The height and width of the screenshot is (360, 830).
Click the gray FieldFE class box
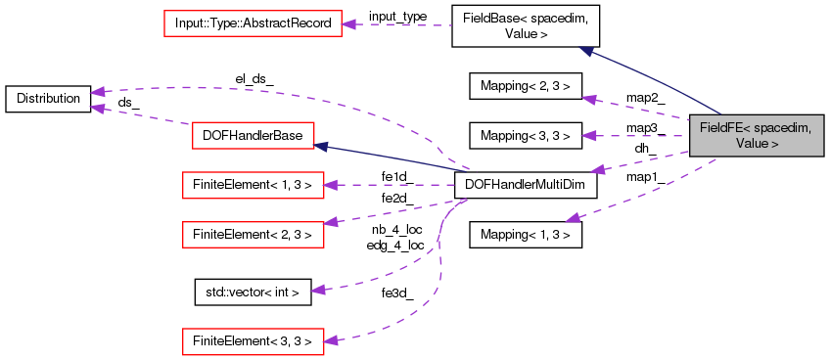click(x=757, y=135)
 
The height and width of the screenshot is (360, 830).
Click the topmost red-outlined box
click(x=253, y=23)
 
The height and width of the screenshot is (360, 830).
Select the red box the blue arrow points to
click(x=253, y=136)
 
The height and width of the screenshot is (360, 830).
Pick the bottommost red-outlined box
click(x=253, y=341)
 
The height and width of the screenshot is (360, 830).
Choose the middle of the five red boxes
click(x=253, y=185)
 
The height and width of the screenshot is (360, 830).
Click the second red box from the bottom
click(x=253, y=234)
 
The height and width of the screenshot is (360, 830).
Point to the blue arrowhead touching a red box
click(x=320, y=147)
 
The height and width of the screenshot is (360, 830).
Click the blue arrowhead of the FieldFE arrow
click(x=585, y=50)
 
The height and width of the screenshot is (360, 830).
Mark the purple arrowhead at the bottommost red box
click(x=331, y=340)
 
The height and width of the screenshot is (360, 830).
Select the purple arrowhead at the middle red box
click(x=331, y=184)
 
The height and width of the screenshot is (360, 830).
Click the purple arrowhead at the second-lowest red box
click(x=331, y=222)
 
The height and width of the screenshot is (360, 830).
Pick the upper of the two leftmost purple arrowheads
click(x=97, y=92)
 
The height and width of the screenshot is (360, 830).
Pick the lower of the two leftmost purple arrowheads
click(x=97, y=107)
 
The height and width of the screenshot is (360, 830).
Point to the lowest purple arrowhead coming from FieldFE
click(x=573, y=217)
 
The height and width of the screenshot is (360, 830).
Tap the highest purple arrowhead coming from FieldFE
click(x=587, y=99)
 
